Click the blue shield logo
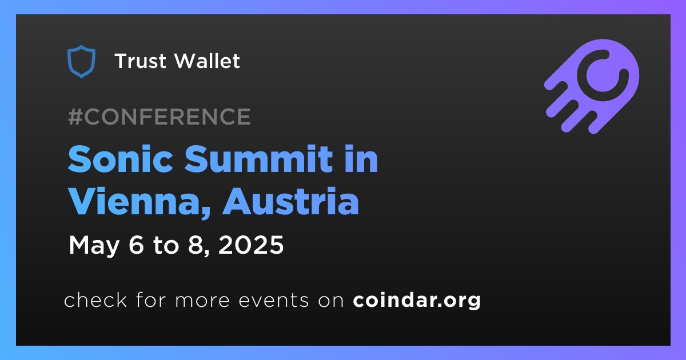click(81, 61)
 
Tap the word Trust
click(140, 61)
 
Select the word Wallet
click(208, 61)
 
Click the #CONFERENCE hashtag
click(159, 117)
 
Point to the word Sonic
click(121, 159)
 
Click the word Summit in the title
click(258, 159)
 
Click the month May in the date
click(94, 246)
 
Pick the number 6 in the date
click(136, 245)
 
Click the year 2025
click(251, 245)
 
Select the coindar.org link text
click(417, 301)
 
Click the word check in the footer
click(95, 299)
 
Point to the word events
click(273, 301)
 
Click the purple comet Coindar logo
click(592, 86)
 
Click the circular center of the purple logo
click(603, 75)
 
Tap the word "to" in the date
click(166, 246)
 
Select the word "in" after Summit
click(361, 159)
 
